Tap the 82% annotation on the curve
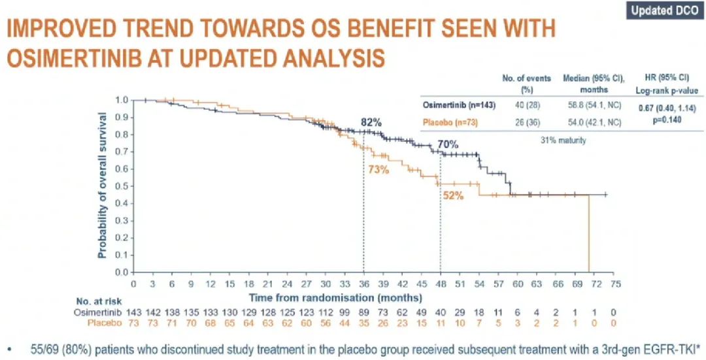pyautogui.click(x=371, y=122)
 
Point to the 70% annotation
pyautogui.click(x=448, y=144)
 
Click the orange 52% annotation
pyautogui.click(x=453, y=195)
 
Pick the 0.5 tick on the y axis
pyautogui.click(x=121, y=186)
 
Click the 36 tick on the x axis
pyautogui.click(x=363, y=284)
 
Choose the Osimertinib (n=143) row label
pyautogui.click(x=456, y=105)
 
